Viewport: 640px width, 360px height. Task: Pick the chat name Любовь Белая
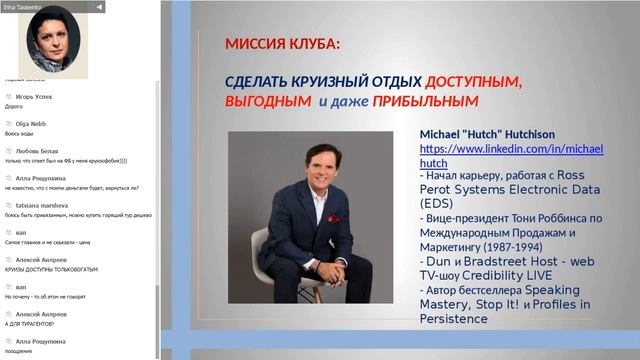pos(37,150)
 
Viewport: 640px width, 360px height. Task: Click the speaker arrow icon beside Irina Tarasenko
pos(100,6)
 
